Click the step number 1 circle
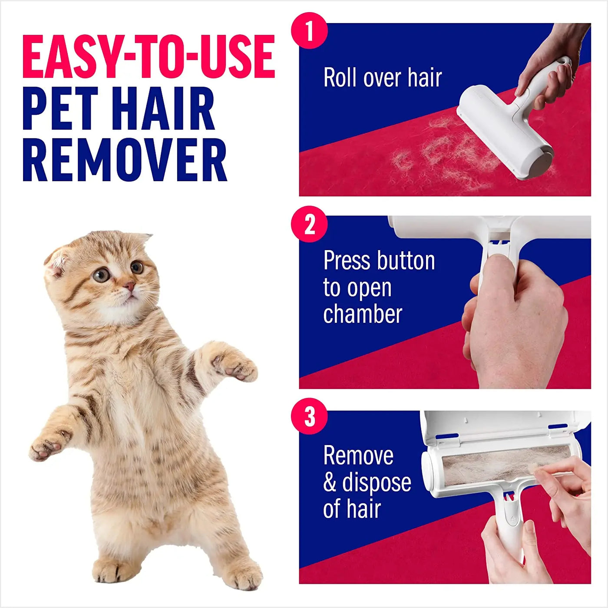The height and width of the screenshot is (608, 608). point(309,31)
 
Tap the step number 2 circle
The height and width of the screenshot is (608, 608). point(309,225)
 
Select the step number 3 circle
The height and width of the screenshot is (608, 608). point(309,416)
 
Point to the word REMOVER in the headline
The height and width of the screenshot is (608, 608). point(125,160)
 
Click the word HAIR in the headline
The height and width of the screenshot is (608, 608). point(163,109)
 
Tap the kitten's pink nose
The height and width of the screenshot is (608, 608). point(129,286)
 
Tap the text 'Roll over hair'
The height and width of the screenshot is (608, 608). point(383,78)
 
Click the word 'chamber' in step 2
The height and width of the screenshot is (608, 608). point(363,314)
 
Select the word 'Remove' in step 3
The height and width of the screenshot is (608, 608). point(358,456)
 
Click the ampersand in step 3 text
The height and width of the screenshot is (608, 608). point(330,482)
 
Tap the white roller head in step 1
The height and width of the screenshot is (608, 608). point(504,130)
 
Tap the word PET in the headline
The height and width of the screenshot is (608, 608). point(61,109)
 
